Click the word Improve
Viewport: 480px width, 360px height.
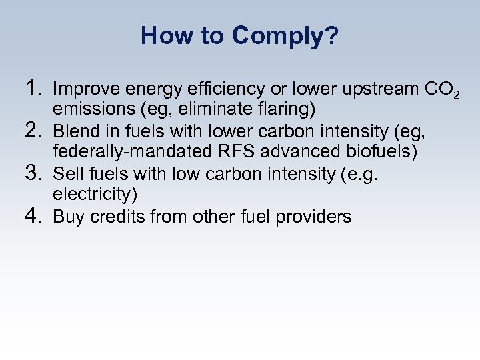(x=81, y=89)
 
